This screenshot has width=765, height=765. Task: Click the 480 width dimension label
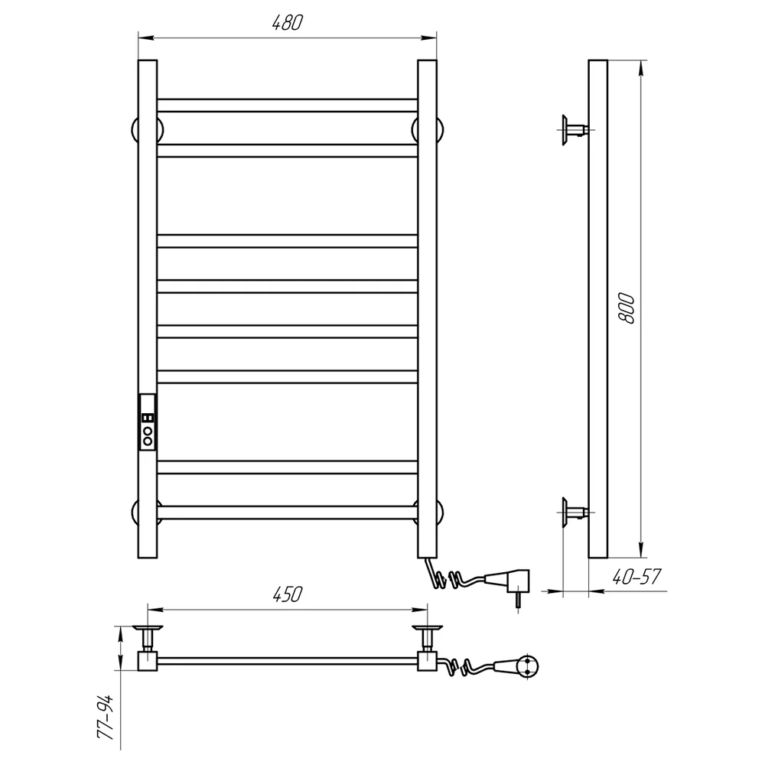click(288, 23)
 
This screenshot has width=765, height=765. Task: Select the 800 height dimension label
click(626, 309)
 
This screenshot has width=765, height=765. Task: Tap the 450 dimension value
click(287, 594)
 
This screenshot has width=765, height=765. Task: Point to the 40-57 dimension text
click(636, 577)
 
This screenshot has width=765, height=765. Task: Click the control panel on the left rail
click(148, 422)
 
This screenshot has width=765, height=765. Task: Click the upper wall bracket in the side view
click(575, 130)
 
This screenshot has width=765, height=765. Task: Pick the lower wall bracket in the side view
click(575, 513)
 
